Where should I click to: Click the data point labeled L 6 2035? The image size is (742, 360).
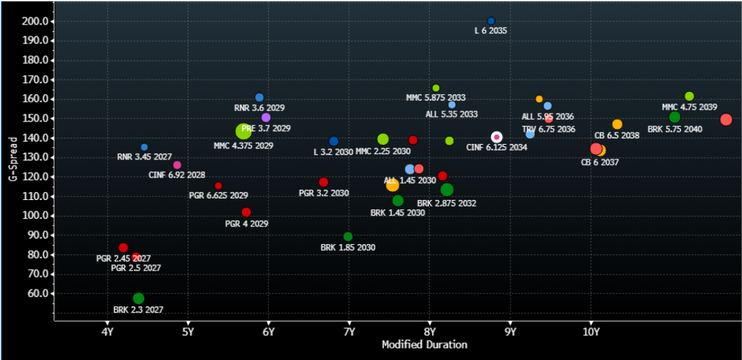point(491,21)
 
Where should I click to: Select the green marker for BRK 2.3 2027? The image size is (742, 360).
point(138,298)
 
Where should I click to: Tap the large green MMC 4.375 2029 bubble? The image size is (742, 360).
point(243,131)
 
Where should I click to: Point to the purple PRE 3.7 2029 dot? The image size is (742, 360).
point(266,117)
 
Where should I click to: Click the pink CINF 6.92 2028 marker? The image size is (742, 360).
point(178,165)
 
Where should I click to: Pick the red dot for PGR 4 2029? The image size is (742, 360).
point(246,212)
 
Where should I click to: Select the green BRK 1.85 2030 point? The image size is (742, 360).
point(348,237)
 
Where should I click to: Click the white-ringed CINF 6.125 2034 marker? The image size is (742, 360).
point(497,137)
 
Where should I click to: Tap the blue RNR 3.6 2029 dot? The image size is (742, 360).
point(259,97)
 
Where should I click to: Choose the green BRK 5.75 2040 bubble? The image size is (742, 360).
point(675,117)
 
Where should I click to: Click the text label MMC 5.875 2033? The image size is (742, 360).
point(435,98)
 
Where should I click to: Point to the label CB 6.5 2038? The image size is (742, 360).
point(617,135)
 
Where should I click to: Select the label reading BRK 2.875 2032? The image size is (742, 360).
point(446,204)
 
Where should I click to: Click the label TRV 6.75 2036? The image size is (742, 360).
point(549,130)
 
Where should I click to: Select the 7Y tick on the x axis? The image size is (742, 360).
point(349,333)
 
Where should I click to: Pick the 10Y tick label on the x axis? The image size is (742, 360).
point(591,333)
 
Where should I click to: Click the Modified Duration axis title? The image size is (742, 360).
point(424,345)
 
